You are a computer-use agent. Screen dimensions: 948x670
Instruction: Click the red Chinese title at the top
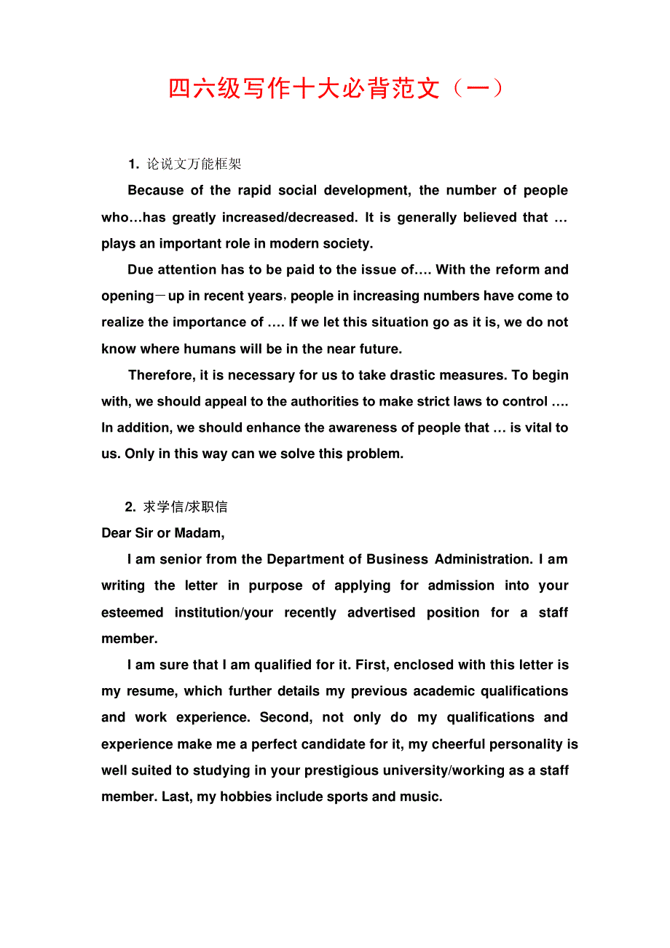click(x=335, y=89)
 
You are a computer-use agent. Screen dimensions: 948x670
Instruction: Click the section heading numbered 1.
click(x=185, y=164)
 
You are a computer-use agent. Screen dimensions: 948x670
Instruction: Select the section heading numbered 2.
click(x=177, y=507)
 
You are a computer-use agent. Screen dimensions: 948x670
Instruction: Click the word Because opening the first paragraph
click(x=156, y=191)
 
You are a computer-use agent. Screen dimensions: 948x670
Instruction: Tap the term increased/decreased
click(x=289, y=217)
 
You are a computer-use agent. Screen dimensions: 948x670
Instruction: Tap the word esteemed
click(x=133, y=612)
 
